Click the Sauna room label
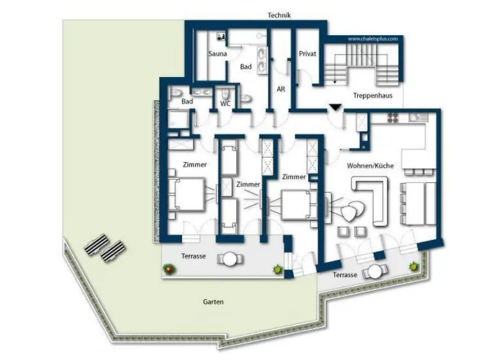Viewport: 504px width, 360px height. tap(217, 54)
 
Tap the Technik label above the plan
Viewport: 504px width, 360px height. tap(279, 15)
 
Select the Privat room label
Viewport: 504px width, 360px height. tap(307, 54)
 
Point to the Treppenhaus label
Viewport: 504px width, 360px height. tap(372, 96)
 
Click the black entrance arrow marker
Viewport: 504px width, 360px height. tap(335, 107)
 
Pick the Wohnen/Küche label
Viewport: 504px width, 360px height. tap(370, 166)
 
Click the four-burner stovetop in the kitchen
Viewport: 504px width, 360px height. tap(392, 118)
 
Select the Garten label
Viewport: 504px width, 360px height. tap(213, 302)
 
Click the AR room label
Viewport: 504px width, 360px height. tap(281, 89)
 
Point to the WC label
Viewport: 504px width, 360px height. tap(225, 104)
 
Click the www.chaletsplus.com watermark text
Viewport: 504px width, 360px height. tap(373, 39)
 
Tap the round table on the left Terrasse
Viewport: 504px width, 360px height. tap(230, 259)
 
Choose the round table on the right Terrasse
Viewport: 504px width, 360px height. tap(374, 272)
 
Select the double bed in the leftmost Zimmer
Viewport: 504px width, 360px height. tap(186, 194)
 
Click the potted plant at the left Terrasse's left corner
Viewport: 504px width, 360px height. tap(168, 269)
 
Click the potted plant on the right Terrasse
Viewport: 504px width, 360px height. tap(413, 266)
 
